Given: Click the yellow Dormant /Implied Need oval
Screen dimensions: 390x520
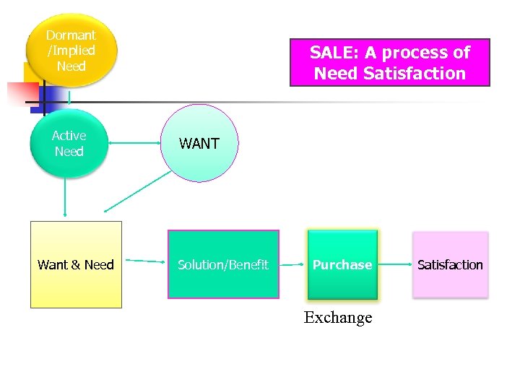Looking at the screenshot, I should pyautogui.click(x=71, y=50).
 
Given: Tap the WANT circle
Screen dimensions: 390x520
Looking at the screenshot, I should pyautogui.click(x=200, y=143).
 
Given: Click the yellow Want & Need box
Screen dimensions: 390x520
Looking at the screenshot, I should pyautogui.click(x=76, y=264).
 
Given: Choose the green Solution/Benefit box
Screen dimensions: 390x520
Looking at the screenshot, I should pyautogui.click(x=223, y=264).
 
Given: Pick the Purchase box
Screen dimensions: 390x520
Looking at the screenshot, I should pyautogui.click(x=342, y=264).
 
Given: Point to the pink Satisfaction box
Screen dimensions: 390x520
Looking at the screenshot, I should pyautogui.click(x=450, y=264).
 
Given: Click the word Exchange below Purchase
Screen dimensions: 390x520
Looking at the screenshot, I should pyautogui.click(x=338, y=317).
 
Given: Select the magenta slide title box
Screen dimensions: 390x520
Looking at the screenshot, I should pyautogui.click(x=389, y=63).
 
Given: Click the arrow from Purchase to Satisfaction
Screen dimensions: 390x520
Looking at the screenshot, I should pyautogui.click(x=394, y=264).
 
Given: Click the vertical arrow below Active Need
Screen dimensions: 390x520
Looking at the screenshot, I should pyautogui.click(x=66, y=196).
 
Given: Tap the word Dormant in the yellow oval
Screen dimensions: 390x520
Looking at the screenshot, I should pyautogui.click(x=71, y=35).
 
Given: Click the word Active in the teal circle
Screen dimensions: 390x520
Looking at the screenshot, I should pyautogui.click(x=69, y=136).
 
